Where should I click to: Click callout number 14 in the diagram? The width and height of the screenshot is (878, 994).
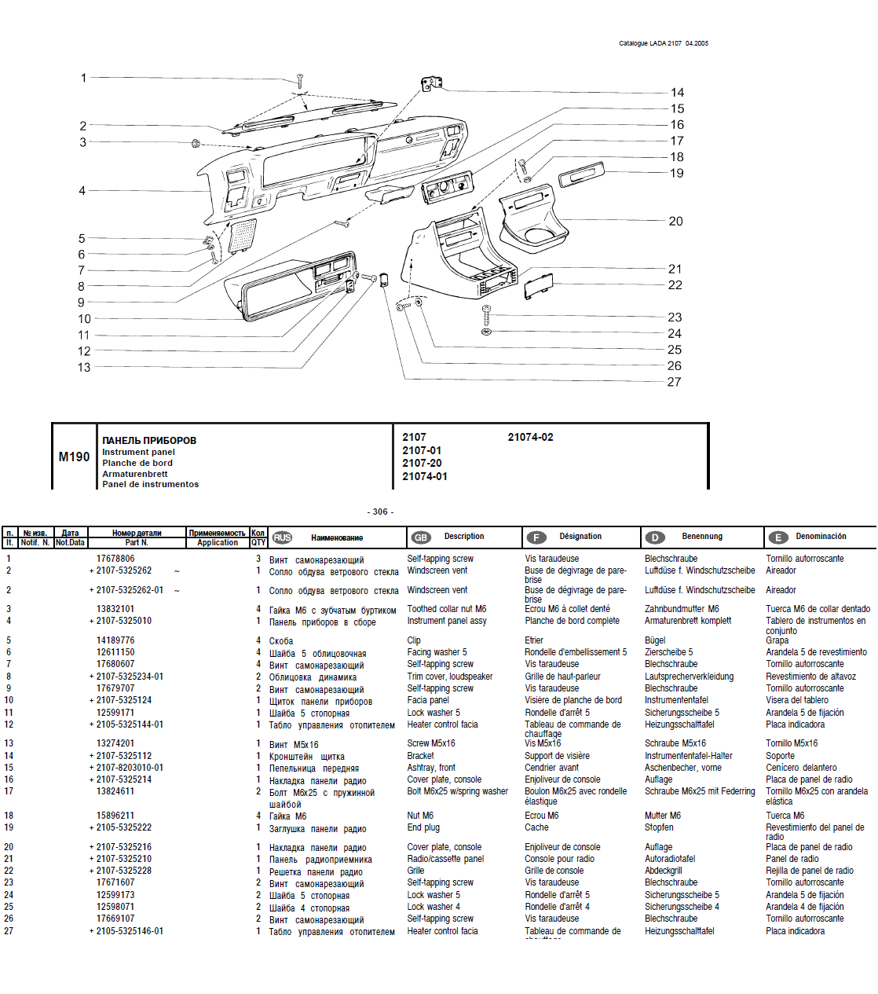(x=677, y=93)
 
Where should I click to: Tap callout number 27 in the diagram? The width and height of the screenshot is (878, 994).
(x=674, y=382)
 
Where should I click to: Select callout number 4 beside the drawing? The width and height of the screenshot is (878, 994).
(x=82, y=190)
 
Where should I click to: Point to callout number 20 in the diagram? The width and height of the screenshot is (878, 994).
(x=675, y=222)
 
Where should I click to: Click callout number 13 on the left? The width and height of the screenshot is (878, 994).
(x=84, y=367)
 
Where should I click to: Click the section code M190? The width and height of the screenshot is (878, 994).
(x=74, y=457)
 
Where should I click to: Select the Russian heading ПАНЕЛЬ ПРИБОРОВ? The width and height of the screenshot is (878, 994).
(x=149, y=440)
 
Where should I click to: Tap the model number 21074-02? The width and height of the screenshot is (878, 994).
(x=530, y=437)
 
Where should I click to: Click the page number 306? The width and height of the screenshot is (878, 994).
(x=380, y=512)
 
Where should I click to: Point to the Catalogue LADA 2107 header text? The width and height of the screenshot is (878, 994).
(x=663, y=43)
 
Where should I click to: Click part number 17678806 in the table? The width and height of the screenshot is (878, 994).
(x=115, y=559)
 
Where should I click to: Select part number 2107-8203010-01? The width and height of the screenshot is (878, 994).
(x=130, y=768)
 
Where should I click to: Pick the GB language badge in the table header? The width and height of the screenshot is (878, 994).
(x=421, y=537)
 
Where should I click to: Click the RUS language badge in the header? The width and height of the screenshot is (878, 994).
(x=282, y=537)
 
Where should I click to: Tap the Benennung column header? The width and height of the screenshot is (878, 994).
(x=701, y=536)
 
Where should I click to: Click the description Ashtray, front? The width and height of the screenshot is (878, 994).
(x=431, y=768)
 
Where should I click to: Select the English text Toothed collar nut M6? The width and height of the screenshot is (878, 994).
(x=446, y=609)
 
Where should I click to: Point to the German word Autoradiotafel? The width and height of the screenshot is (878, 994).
(x=670, y=859)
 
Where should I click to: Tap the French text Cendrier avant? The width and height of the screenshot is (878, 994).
(x=551, y=768)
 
